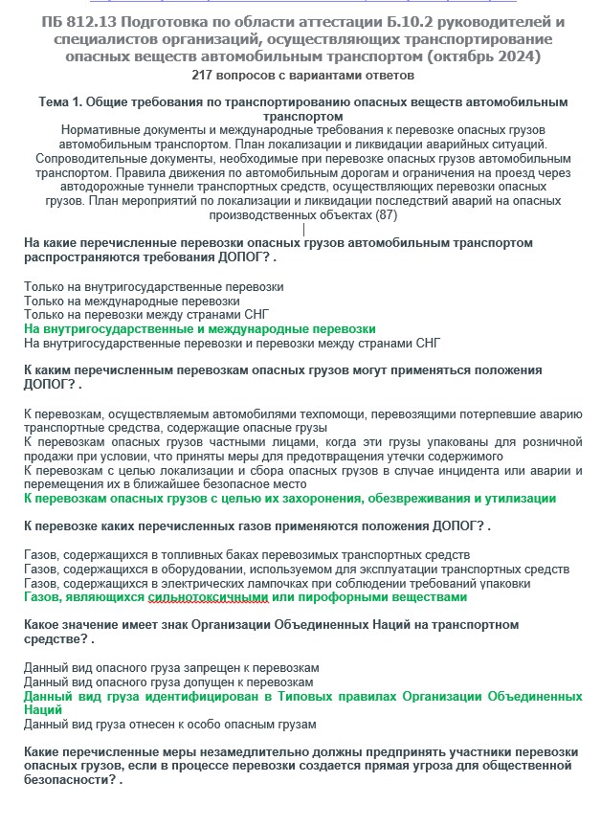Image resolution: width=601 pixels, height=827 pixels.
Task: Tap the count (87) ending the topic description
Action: [x=386, y=215]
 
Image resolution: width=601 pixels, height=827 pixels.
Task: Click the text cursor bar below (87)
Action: [x=303, y=230]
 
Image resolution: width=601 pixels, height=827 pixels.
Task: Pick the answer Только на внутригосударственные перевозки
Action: [x=153, y=286]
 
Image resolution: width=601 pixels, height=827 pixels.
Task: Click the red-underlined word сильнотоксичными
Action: [x=209, y=597]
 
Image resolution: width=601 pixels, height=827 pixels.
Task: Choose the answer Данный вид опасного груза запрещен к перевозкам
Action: [x=171, y=667]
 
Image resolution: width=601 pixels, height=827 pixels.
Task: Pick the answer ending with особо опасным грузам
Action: [x=169, y=725]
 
